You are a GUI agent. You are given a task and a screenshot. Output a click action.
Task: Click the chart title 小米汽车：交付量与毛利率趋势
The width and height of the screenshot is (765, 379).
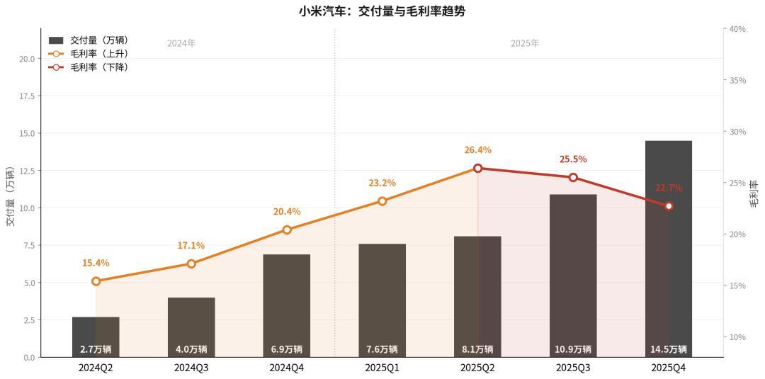(x=382, y=11)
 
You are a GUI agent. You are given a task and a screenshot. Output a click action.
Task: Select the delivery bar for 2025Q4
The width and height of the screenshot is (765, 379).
(x=669, y=248)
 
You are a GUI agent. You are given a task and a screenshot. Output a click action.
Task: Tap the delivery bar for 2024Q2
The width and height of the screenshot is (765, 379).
(x=96, y=336)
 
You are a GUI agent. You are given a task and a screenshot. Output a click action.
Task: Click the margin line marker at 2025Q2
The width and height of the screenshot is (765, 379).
(x=477, y=168)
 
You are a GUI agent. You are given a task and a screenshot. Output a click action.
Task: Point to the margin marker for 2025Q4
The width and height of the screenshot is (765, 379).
(x=669, y=206)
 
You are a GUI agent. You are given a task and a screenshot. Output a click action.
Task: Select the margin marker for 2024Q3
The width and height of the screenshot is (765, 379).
(x=191, y=264)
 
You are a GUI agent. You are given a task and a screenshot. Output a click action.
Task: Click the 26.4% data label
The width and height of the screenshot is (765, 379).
(x=477, y=150)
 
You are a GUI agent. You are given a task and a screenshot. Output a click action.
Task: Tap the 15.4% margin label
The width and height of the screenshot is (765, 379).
(x=96, y=263)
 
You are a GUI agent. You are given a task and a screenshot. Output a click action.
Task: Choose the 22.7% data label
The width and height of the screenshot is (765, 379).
(x=669, y=188)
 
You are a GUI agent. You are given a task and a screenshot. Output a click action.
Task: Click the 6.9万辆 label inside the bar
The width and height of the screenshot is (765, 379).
(x=286, y=349)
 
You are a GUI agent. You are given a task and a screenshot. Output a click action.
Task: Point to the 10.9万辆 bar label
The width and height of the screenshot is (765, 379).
(x=573, y=349)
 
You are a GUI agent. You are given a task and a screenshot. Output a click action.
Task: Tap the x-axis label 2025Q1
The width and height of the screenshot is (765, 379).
(x=382, y=368)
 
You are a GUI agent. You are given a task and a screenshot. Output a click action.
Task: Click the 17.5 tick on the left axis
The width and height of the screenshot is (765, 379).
(x=29, y=96)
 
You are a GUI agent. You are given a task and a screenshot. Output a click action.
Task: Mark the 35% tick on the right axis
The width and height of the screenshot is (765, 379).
(x=737, y=80)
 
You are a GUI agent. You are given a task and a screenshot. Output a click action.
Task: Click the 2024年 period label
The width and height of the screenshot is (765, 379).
(x=181, y=43)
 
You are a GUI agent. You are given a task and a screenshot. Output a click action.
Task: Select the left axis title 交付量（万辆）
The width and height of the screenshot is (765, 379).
(x=10, y=196)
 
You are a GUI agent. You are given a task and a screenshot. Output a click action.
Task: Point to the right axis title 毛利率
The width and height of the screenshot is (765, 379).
(x=754, y=193)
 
